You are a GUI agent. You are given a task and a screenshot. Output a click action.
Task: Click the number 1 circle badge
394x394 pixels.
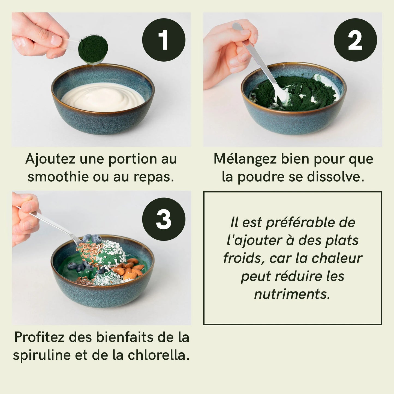point(164,40)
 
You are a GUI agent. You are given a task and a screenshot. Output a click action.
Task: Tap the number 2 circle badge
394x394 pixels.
point(355,40)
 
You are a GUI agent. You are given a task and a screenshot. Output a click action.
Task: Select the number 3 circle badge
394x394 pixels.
point(164,219)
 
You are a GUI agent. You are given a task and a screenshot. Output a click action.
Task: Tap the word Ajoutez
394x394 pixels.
point(50,159)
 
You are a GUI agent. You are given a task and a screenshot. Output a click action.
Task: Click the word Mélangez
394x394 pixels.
point(245,159)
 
